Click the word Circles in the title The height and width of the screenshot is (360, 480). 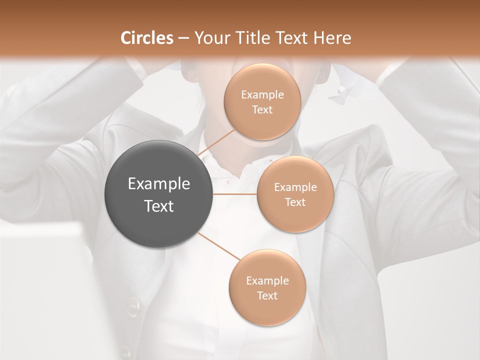pyautogui.click(x=147, y=38)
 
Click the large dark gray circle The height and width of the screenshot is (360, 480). pyautogui.click(x=158, y=194)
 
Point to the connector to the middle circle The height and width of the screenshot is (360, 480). pyautogui.click(x=235, y=194)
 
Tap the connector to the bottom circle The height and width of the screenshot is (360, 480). pyautogui.click(x=218, y=246)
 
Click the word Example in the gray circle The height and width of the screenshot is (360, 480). pyautogui.click(x=159, y=184)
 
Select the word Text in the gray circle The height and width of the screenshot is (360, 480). pyautogui.click(x=159, y=205)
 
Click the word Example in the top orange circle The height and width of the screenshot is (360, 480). pyautogui.click(x=262, y=94)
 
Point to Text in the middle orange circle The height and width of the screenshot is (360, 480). pyautogui.click(x=295, y=202)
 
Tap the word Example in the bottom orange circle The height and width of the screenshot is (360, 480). pyautogui.click(x=267, y=280)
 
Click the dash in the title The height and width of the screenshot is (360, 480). pyautogui.click(x=183, y=38)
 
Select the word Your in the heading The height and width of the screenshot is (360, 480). pyautogui.click(x=209, y=38)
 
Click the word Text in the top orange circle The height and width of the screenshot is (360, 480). pyautogui.click(x=262, y=109)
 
